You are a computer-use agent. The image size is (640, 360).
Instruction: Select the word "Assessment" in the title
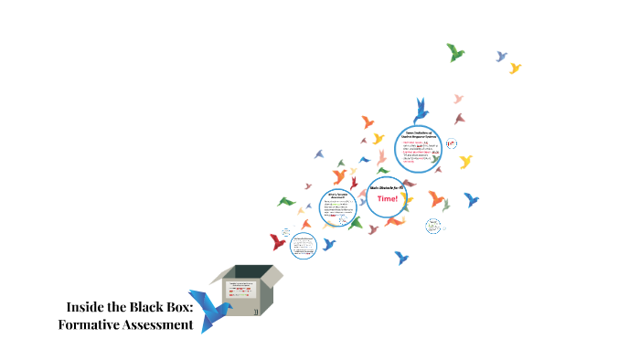click(163, 324)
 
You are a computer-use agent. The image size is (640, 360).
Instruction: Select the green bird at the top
click(454, 52)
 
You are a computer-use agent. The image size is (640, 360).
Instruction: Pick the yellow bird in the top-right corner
click(515, 68)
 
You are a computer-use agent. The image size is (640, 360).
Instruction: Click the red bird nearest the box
click(279, 242)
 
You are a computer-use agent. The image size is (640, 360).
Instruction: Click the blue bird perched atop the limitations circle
click(421, 111)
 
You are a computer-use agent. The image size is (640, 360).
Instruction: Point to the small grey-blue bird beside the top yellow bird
click(501, 57)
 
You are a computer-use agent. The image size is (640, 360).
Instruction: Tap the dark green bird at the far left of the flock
click(287, 201)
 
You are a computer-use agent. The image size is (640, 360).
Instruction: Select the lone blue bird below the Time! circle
click(400, 258)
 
